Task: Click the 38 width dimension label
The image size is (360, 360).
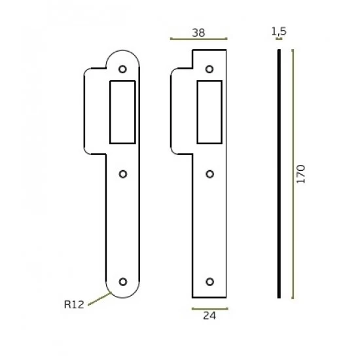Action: [198, 33]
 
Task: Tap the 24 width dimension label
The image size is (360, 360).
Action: [209, 315]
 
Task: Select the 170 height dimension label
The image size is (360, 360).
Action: [301, 174]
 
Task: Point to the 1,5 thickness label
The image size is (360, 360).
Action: [279, 31]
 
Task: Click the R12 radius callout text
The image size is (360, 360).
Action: [74, 304]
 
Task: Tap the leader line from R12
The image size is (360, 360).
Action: [100, 298]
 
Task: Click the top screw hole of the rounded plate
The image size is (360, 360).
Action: [122, 69]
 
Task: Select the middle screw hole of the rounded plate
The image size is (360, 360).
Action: [123, 174]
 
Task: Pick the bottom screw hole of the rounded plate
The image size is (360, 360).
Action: [123, 281]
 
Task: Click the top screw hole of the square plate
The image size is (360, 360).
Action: [209, 69]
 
